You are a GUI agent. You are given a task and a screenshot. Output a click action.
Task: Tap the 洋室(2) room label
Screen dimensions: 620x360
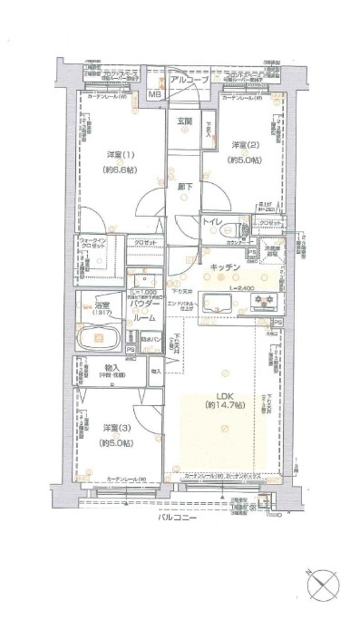(242, 145)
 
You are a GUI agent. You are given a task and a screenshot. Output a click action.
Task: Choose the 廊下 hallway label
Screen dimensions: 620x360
(183, 187)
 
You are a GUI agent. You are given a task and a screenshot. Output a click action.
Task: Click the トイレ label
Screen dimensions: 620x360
(214, 221)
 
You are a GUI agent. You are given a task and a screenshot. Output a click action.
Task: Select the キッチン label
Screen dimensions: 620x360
(224, 266)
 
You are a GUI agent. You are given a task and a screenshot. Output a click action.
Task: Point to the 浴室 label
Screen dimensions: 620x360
(92, 306)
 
